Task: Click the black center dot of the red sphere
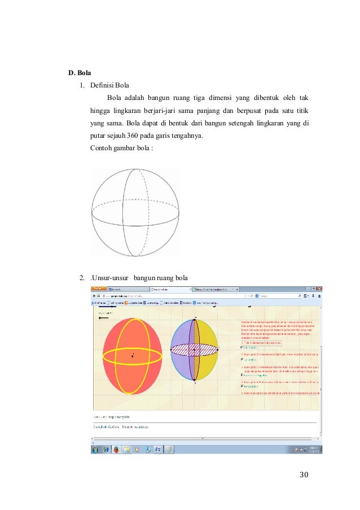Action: click(133, 355)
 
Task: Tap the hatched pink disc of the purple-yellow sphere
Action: click(195, 350)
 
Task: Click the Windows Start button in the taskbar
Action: click(94, 450)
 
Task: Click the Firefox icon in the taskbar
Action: click(116, 450)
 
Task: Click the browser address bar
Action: click(169, 295)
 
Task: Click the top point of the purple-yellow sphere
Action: click(195, 318)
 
